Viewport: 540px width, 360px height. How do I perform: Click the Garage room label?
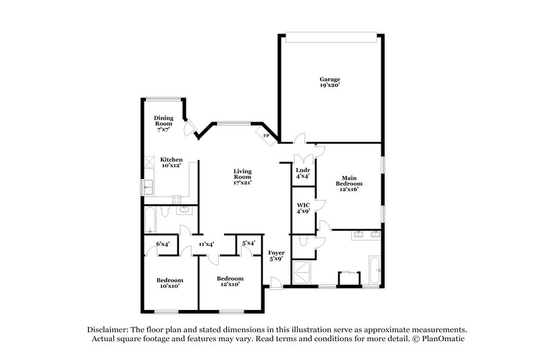coord(330,80)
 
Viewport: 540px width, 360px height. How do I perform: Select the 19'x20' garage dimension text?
coord(330,86)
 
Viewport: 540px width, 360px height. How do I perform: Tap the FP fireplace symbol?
coord(267,135)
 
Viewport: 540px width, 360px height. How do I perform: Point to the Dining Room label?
coord(164,121)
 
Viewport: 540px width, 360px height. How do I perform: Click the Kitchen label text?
coord(171,159)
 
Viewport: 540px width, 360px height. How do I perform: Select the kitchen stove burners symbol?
coord(177,199)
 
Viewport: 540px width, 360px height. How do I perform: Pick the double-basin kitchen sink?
coord(146,186)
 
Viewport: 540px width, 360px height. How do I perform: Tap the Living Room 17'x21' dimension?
coord(242,182)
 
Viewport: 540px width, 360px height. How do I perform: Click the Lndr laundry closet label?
coord(303,170)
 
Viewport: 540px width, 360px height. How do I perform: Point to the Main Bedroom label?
coord(350,181)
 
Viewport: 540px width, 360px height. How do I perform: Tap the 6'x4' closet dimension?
coord(163,243)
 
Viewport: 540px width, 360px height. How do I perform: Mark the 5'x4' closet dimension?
coord(248,243)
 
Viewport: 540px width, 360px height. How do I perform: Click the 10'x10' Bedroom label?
coord(170,280)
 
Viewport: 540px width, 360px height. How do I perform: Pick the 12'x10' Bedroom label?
coord(230,278)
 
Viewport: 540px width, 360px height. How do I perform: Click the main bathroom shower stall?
coord(302,274)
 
